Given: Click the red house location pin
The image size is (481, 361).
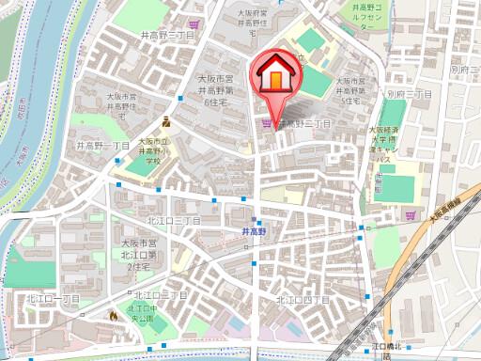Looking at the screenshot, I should [274, 73].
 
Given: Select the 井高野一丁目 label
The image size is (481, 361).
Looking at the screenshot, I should [102, 147].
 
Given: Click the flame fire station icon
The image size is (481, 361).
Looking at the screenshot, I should [115, 317].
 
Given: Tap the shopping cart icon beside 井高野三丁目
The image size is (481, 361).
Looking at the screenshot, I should [268, 123].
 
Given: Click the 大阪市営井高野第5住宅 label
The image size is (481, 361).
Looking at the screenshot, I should [353, 90].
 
